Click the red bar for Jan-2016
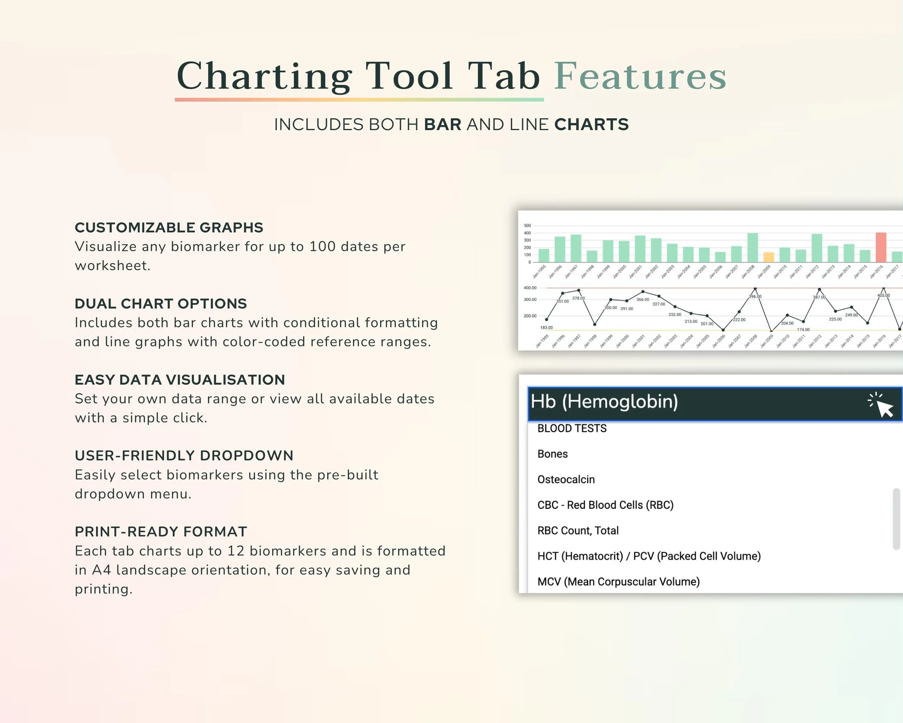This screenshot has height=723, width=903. coord(881,247)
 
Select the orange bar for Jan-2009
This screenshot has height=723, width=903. coord(769,257)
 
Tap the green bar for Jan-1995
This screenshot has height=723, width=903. coord(544,255)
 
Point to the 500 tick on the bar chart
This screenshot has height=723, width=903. coord(527,226)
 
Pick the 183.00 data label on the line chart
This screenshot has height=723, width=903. coord(546,328)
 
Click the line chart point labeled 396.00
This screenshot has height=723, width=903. coord(755,289)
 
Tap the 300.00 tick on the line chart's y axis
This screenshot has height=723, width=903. coord(530,300)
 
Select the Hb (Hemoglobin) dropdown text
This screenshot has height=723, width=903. coord(604,402)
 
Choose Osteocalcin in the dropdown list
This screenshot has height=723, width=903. coord(566,479)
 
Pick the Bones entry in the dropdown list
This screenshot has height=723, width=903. coord(552,454)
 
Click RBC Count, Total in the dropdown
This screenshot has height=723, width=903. coord(578,531)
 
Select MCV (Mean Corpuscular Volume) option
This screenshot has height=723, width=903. coord(618,582)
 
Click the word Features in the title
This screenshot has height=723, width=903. coord(640,76)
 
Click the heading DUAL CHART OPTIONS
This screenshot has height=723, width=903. coord(160,303)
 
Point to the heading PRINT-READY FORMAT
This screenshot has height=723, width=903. coord(161,531)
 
